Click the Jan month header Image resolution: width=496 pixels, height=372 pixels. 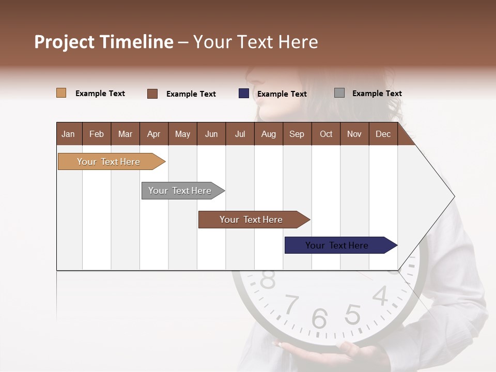pyautogui.click(x=68, y=134)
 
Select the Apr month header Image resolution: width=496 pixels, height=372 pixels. pyautogui.click(x=153, y=134)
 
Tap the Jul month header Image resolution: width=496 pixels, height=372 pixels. pyautogui.click(x=240, y=134)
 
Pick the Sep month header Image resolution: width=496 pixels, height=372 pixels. pyautogui.click(x=297, y=134)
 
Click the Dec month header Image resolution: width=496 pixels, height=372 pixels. pyautogui.click(x=383, y=134)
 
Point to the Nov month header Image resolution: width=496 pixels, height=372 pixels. pyautogui.click(x=354, y=134)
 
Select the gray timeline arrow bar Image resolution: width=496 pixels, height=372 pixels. pyautogui.click(x=181, y=191)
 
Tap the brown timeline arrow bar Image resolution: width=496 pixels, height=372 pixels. pyautogui.click(x=252, y=220)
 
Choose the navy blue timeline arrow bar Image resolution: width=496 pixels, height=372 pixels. pyautogui.click(x=338, y=245)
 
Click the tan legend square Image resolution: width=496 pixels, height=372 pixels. pyautogui.click(x=61, y=93)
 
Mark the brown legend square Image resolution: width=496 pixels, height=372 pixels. pyautogui.click(x=152, y=94)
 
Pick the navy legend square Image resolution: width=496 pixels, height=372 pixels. pyautogui.click(x=243, y=94)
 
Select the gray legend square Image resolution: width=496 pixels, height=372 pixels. pyautogui.click(x=339, y=93)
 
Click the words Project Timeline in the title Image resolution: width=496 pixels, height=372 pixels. pyautogui.click(x=103, y=42)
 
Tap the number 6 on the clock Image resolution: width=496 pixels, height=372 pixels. pyautogui.click(x=319, y=319)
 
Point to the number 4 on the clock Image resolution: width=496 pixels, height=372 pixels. pyautogui.click(x=380, y=296)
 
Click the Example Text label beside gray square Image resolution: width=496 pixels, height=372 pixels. pyautogui.click(x=377, y=94)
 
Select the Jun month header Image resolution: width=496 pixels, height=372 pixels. pyautogui.click(x=211, y=134)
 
